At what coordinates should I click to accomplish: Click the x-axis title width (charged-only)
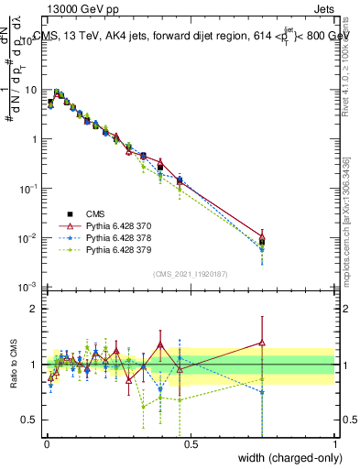[284, 458]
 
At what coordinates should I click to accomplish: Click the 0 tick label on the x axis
[47, 443]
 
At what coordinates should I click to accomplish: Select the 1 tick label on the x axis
[334, 443]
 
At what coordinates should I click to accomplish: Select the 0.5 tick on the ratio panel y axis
[32, 420]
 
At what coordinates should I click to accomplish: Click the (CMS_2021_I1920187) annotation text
[191, 273]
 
